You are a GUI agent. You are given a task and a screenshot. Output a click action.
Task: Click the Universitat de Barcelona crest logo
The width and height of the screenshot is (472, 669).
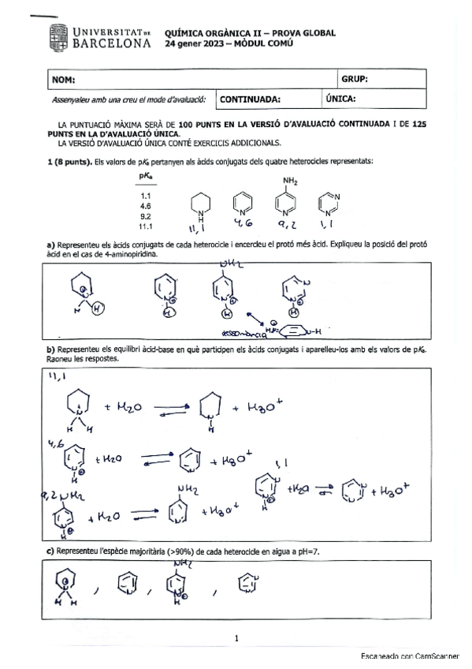(59, 36)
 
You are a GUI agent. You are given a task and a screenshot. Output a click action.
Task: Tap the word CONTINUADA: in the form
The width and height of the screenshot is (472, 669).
(250, 99)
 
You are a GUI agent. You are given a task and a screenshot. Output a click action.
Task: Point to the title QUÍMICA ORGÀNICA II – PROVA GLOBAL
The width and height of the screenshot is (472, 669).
(250, 33)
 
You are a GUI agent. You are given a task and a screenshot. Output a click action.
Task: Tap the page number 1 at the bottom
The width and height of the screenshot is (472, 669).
(236, 638)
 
